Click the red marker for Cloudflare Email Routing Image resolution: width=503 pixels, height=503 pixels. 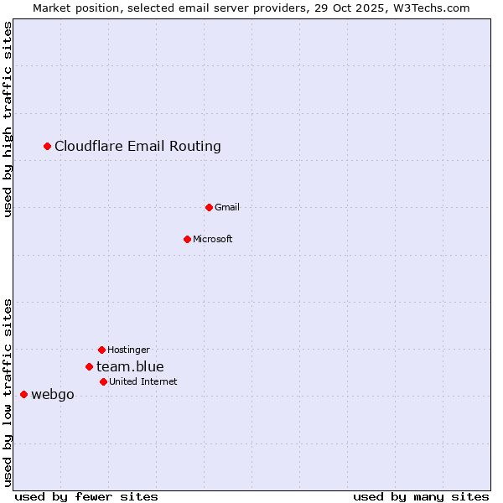click(48, 147)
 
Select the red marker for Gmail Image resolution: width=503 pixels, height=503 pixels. click(209, 207)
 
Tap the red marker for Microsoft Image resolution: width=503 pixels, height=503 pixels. click(187, 239)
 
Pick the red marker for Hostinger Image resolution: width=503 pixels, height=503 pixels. click(101, 350)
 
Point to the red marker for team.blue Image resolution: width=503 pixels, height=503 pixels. click(89, 366)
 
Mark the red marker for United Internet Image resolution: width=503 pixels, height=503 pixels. click(103, 381)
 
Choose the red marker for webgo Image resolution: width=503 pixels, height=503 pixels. click(23, 394)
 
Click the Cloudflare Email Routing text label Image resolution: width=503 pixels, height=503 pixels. click(137, 147)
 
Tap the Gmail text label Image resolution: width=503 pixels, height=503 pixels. click(227, 207)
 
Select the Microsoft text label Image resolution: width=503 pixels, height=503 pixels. click(213, 239)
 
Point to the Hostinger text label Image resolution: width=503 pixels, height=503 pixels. click(128, 350)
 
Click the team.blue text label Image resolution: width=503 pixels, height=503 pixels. click(130, 366)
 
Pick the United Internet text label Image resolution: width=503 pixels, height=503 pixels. click(143, 381)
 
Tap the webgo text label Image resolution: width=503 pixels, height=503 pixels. click(53, 395)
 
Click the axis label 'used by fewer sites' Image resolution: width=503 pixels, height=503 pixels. click(86, 497)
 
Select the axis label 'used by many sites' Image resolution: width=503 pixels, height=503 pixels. click(421, 497)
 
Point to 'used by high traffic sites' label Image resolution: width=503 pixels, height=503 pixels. click(8, 119)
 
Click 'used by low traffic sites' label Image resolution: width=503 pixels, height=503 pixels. click(8, 392)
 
